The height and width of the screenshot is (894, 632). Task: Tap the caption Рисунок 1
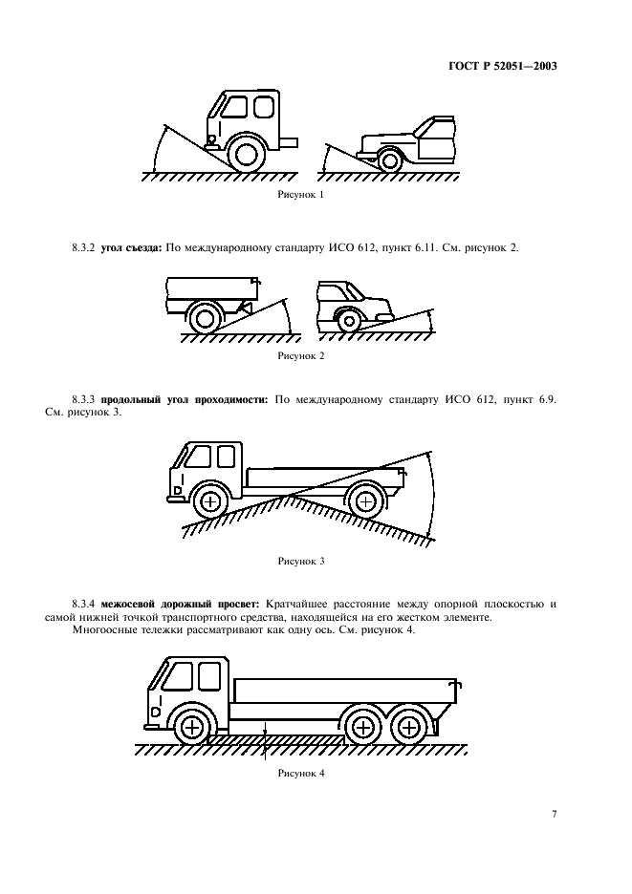pyautogui.click(x=301, y=195)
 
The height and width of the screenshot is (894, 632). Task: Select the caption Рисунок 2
pyautogui.click(x=301, y=355)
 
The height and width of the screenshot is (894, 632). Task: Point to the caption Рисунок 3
pyautogui.click(x=301, y=562)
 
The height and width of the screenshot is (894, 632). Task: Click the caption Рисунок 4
pyautogui.click(x=301, y=774)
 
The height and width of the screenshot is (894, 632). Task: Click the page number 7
pyautogui.click(x=555, y=814)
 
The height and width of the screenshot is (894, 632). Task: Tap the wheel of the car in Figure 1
pyautogui.click(x=389, y=160)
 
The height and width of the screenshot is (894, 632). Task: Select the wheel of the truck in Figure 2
pyautogui.click(x=205, y=317)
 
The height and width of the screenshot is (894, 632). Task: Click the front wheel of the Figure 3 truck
pyautogui.click(x=209, y=500)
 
